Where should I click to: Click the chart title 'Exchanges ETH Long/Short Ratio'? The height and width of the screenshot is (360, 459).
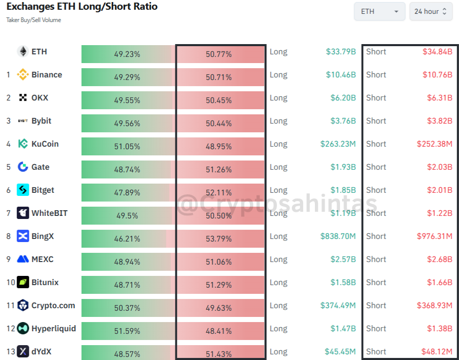[x=82, y=7]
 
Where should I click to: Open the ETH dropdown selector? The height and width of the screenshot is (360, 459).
[x=380, y=11]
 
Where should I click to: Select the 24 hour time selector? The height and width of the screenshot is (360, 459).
[x=431, y=11]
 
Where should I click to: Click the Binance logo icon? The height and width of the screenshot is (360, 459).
[x=23, y=75]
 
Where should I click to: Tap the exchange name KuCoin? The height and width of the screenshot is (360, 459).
[x=45, y=144]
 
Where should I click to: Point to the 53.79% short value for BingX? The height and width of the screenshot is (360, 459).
[x=219, y=236]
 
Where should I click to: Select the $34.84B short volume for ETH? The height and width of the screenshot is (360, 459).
[x=437, y=52]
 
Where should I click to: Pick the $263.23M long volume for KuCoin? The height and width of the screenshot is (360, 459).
[x=338, y=144]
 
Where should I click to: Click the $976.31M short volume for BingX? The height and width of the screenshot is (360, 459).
[x=434, y=236]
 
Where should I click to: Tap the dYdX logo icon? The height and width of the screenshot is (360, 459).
[x=23, y=352]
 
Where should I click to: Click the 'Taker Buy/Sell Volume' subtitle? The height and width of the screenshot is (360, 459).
[x=34, y=20]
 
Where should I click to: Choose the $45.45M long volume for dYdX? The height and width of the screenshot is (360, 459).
[x=340, y=352]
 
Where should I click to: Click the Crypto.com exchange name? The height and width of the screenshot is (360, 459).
[x=53, y=306]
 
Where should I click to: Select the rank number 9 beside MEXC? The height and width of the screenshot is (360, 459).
[x=8, y=259]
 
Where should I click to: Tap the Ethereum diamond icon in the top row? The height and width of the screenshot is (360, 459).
[x=23, y=52]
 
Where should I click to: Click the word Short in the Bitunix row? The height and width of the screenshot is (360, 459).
[x=376, y=283]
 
